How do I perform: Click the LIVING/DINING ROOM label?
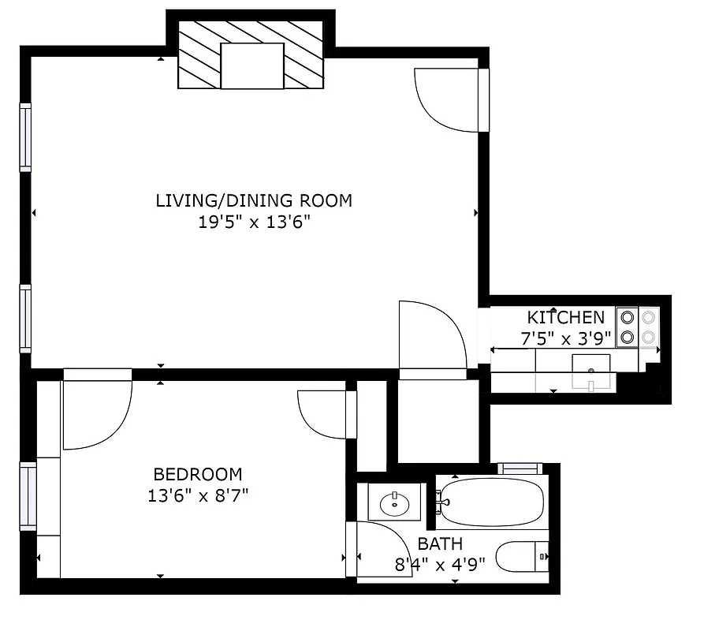pyautogui.click(x=254, y=200)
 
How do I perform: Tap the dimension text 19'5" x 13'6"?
pyautogui.click(x=254, y=222)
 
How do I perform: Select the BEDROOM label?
pyautogui.click(x=198, y=474)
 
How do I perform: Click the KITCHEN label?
pyautogui.click(x=566, y=318)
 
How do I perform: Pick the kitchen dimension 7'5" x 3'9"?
pyautogui.click(x=565, y=339)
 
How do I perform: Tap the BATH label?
pyautogui.click(x=440, y=543)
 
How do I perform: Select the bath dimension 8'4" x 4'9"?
pyautogui.click(x=440, y=564)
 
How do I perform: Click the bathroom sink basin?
pyautogui.click(x=393, y=502)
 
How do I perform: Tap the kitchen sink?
pyautogui.click(x=590, y=371)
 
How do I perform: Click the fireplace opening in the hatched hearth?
pyautogui.click(x=252, y=66)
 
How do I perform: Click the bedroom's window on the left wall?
pyautogui.click(x=28, y=496)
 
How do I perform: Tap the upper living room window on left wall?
pyautogui.click(x=26, y=137)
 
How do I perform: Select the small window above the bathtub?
pyautogui.click(x=520, y=469)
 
